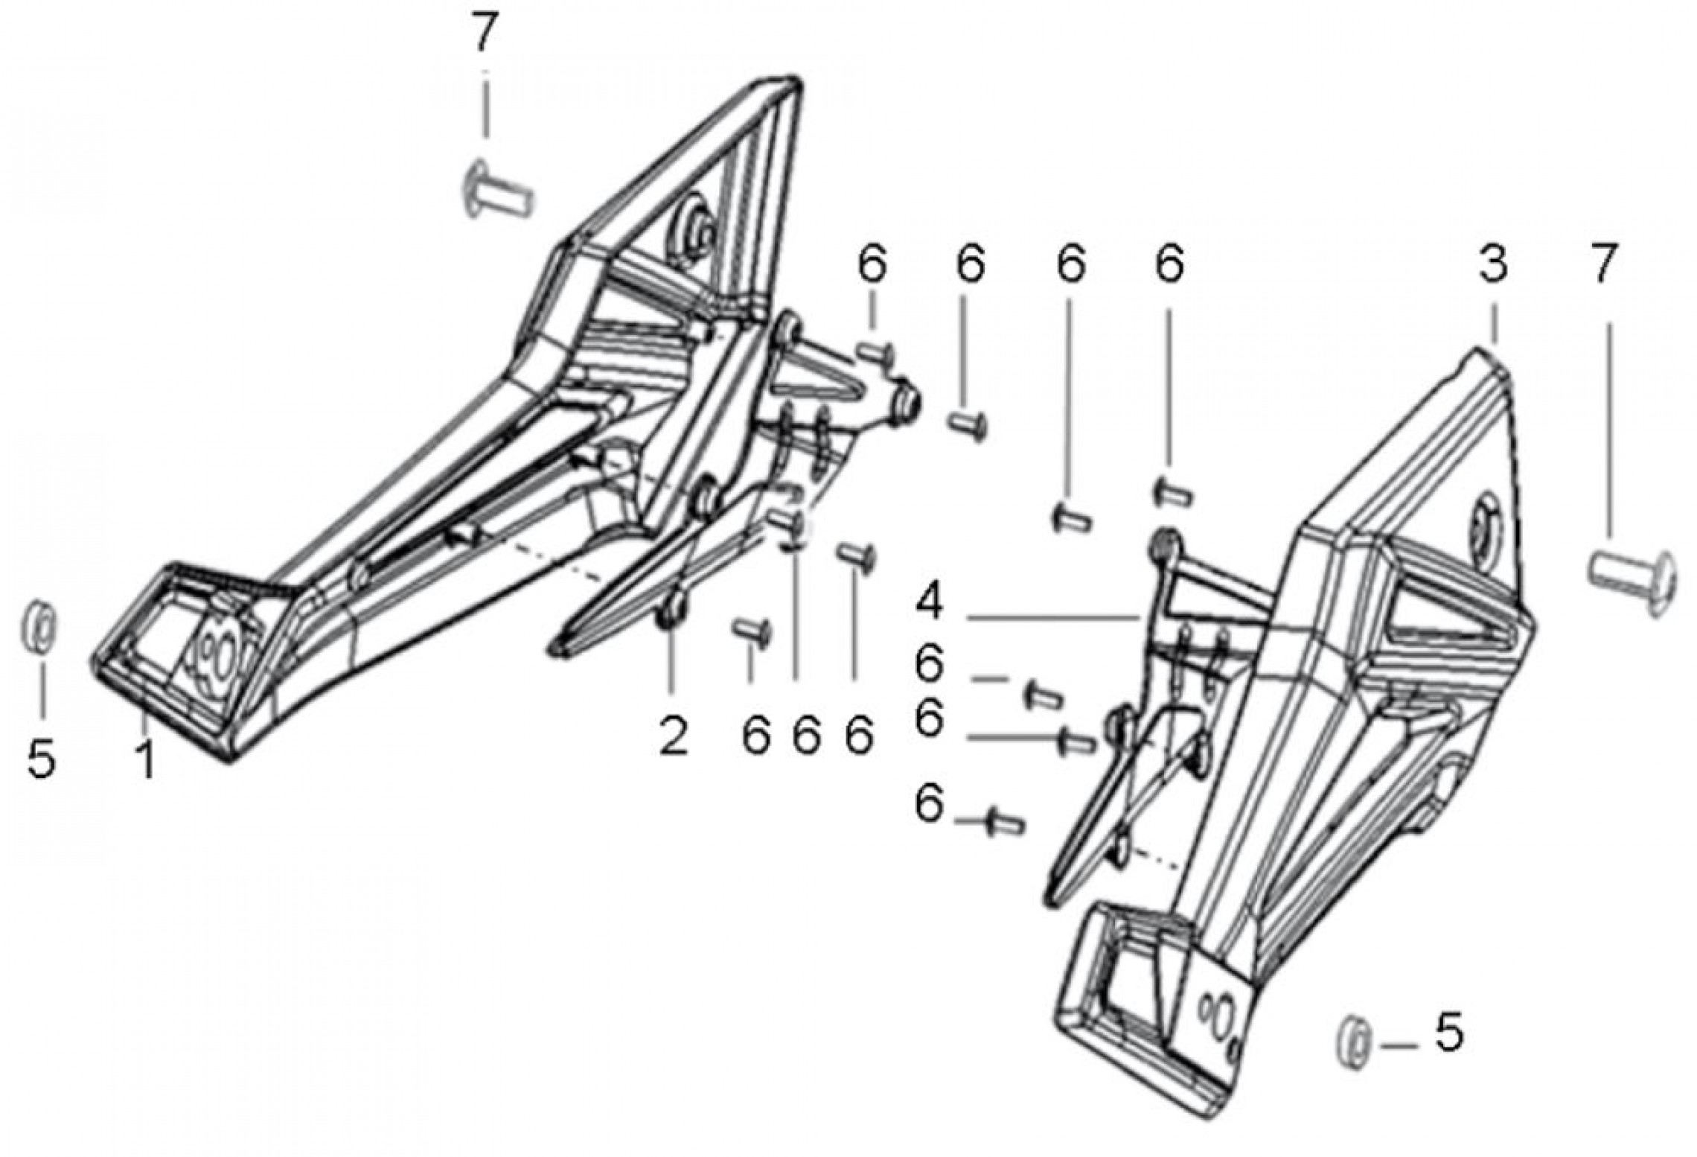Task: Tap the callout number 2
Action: click(x=674, y=736)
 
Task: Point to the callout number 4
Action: click(x=929, y=604)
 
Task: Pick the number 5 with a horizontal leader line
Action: click(x=1448, y=1033)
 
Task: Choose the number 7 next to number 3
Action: click(x=1603, y=265)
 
